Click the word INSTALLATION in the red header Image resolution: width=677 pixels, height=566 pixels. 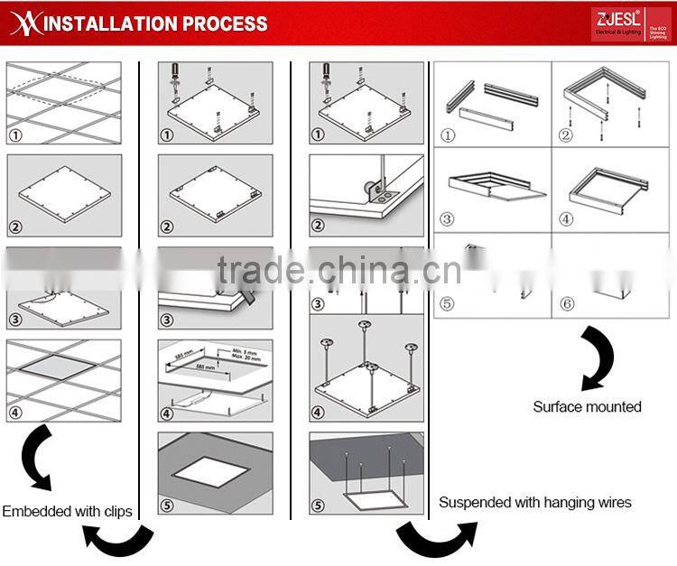point(113,23)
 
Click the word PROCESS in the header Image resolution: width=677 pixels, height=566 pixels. point(226,23)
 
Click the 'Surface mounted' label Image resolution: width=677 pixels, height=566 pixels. point(587,407)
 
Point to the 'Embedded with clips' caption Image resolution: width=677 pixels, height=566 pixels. point(67,511)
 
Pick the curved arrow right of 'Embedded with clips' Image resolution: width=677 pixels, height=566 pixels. point(117,539)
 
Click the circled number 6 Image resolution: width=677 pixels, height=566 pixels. point(567,304)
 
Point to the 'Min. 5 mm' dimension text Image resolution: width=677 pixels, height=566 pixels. point(245,350)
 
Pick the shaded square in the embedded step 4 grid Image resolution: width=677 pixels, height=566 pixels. point(63,372)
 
